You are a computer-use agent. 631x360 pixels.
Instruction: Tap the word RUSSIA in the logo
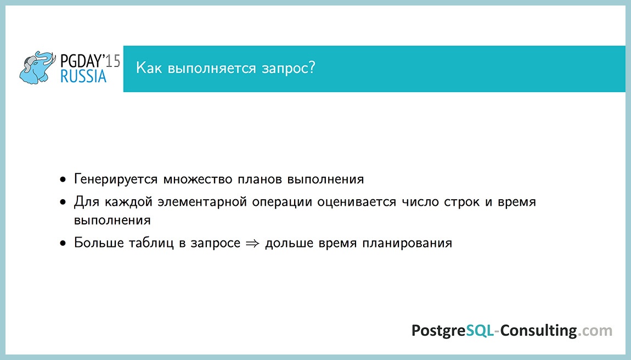point(83,76)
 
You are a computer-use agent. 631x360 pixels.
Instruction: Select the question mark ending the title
point(312,69)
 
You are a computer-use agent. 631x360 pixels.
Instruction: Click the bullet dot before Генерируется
point(64,179)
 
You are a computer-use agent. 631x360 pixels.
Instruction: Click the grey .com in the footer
point(596,331)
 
